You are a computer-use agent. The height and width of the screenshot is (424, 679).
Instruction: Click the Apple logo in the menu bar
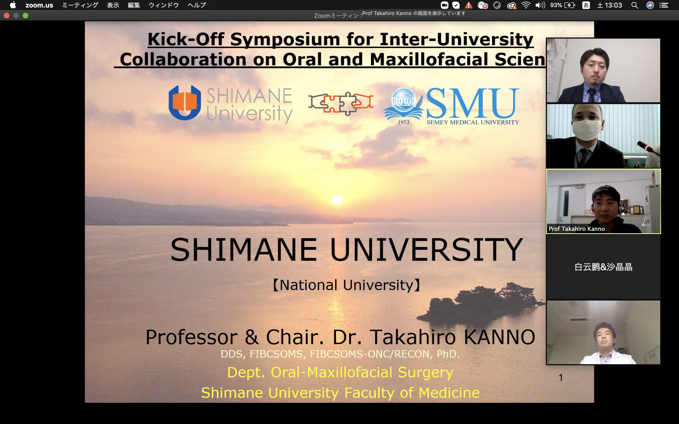pyautogui.click(x=13, y=5)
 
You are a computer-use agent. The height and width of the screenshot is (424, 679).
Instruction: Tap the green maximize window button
pyautogui.click(x=25, y=16)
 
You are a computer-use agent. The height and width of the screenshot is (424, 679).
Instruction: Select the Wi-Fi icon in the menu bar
pyautogui.click(x=526, y=5)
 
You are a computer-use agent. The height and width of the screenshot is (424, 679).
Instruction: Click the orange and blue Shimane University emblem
pyautogui.click(x=185, y=103)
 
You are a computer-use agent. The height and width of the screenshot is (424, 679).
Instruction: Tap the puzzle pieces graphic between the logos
pyautogui.click(x=341, y=103)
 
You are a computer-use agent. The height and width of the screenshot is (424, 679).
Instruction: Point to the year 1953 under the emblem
pyautogui.click(x=403, y=122)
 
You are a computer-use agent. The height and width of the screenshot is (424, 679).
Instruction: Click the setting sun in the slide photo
pyautogui.click(x=337, y=200)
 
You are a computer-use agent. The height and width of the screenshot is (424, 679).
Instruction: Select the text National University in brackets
pyautogui.click(x=347, y=285)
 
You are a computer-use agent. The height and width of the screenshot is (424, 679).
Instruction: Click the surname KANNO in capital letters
pyautogui.click(x=499, y=337)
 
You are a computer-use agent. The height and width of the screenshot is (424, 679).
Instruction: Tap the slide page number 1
pyautogui.click(x=561, y=377)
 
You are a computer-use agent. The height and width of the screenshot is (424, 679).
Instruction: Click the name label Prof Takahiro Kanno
pyautogui.click(x=577, y=229)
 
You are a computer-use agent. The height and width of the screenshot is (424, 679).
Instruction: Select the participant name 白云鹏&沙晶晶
pyautogui.click(x=603, y=267)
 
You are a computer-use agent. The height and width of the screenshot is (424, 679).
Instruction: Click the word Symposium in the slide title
pyautogui.click(x=285, y=40)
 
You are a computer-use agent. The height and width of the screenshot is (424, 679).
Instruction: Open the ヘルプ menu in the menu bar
pyautogui.click(x=197, y=5)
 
